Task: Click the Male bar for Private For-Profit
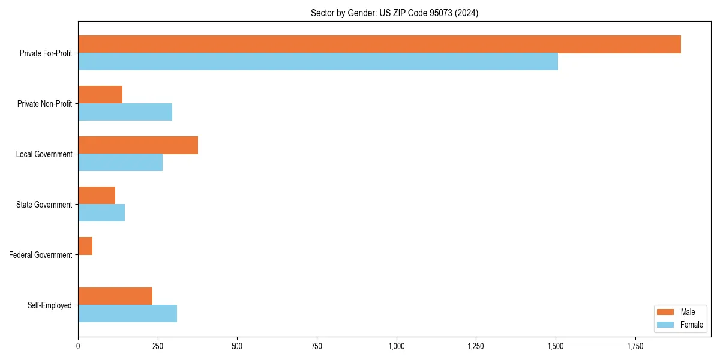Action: click(x=379, y=44)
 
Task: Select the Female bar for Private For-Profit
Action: click(x=318, y=62)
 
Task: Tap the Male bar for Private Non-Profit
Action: click(x=100, y=95)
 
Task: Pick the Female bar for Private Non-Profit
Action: click(x=125, y=112)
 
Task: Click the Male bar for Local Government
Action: click(x=138, y=145)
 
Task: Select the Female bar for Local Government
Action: click(x=120, y=163)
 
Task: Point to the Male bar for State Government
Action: click(x=97, y=196)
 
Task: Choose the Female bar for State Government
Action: click(x=101, y=213)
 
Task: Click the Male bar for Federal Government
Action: click(x=85, y=246)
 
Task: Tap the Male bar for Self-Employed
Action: click(x=115, y=296)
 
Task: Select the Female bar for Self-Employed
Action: click(x=127, y=314)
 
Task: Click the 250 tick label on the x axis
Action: click(x=158, y=346)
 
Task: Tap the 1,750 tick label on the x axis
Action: click(x=635, y=346)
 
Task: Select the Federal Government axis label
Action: click(x=41, y=255)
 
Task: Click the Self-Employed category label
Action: click(x=50, y=305)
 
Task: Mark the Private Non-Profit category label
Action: click(x=45, y=104)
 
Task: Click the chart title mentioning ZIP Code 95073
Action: click(x=394, y=13)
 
